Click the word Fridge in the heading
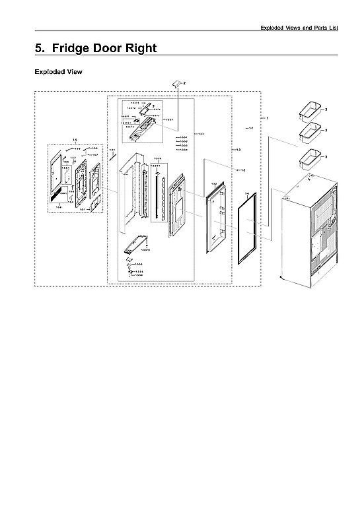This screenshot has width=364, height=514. point(73,48)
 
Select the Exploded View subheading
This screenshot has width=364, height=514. point(58,71)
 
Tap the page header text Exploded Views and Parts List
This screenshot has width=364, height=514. point(299,27)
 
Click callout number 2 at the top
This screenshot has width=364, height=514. point(185,82)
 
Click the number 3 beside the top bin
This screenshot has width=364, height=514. point(326,108)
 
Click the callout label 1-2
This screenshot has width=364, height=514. point(242,170)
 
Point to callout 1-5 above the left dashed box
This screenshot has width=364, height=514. point(75,140)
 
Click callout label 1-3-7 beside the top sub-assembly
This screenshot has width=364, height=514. point(170,119)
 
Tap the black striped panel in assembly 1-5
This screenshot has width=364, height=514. point(57,196)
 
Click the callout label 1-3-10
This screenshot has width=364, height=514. point(145,250)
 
